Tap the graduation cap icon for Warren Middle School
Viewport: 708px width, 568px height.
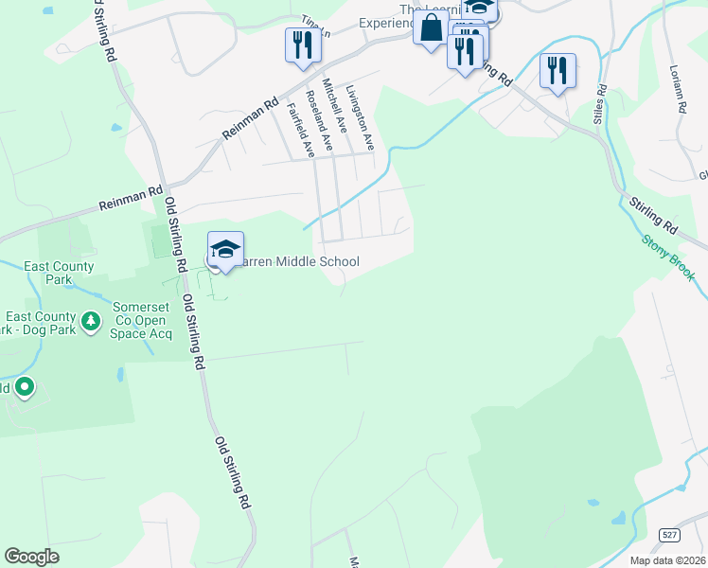pos(225,250)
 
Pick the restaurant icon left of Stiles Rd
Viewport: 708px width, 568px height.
pos(558,70)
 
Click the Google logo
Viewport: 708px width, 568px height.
pos(31,557)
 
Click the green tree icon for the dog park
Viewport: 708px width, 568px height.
pos(91,323)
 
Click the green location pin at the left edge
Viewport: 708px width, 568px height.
pos(25,386)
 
